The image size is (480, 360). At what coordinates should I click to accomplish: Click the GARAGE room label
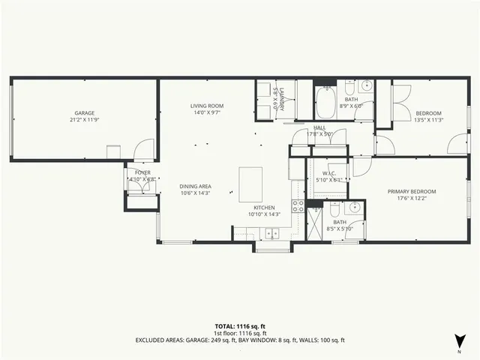(84, 112)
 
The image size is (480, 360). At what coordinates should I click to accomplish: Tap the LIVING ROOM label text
(207, 106)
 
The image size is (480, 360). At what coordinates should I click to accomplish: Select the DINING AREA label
(194, 187)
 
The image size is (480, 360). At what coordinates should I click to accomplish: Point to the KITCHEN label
(264, 208)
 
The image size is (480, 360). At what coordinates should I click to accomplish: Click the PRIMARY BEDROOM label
(412, 191)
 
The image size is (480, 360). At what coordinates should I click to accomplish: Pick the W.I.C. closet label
(328, 174)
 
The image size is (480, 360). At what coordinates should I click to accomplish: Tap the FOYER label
(142, 172)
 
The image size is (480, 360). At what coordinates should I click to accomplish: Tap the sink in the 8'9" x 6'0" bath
(367, 85)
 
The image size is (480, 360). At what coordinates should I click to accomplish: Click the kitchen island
(250, 184)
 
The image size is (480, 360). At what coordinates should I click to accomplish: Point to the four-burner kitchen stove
(298, 206)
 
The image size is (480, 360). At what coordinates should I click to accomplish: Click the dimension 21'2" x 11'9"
(84, 119)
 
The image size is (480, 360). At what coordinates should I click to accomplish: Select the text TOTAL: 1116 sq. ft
(240, 327)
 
